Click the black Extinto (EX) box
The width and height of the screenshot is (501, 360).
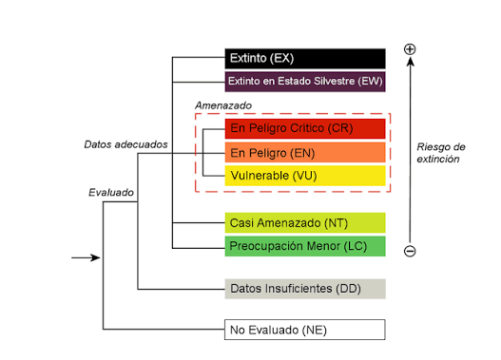[305, 59]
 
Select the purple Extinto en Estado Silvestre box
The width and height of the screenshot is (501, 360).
[305, 82]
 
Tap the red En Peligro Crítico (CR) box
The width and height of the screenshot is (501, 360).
[305, 128]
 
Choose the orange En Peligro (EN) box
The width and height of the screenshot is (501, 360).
[305, 153]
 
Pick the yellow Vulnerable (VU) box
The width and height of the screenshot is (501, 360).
[305, 176]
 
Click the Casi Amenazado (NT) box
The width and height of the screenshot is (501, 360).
[305, 223]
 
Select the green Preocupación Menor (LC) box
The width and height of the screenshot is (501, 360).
[305, 246]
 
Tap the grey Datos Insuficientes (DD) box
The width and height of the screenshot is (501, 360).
[305, 289]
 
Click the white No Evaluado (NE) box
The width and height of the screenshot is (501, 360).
[305, 330]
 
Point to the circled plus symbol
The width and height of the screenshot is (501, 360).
[410, 49]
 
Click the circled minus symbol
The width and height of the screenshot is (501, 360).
[410, 251]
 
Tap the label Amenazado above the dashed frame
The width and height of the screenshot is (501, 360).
[223, 105]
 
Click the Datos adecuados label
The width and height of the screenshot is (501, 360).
[125, 144]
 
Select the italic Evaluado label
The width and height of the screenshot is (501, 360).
[111, 193]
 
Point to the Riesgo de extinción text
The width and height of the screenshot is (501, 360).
[440, 153]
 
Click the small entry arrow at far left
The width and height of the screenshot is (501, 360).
[86, 257]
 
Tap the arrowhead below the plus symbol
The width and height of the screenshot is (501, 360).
[411, 62]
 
